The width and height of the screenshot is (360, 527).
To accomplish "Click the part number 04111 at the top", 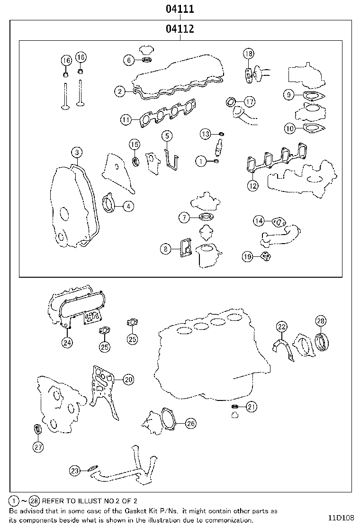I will click(x=180, y=9).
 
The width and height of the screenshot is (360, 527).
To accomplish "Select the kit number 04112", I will click(x=180, y=29).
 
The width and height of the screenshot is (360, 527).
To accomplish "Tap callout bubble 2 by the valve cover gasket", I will click(x=120, y=91).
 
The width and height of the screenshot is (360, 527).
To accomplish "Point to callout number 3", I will click(x=77, y=153).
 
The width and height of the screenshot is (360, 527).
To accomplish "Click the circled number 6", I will click(x=128, y=60).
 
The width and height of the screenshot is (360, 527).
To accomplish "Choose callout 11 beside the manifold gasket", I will click(x=125, y=120).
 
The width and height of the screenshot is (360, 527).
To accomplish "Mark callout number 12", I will click(x=253, y=186).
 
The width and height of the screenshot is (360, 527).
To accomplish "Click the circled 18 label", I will click(x=249, y=54).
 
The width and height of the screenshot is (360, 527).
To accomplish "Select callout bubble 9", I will click(x=288, y=95).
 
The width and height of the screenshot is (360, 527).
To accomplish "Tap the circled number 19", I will click(x=247, y=256).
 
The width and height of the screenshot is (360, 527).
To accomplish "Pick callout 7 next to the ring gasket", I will click(x=184, y=218).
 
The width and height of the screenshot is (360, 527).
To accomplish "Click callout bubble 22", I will click(x=282, y=327).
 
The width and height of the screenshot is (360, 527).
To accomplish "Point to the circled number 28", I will click(x=321, y=321).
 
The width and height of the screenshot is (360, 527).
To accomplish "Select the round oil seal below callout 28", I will click(x=322, y=342).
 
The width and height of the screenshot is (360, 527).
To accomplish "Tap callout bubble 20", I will click(x=128, y=379).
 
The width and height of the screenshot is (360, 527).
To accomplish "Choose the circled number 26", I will click(x=190, y=423).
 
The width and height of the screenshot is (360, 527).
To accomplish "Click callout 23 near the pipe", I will click(x=75, y=471).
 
